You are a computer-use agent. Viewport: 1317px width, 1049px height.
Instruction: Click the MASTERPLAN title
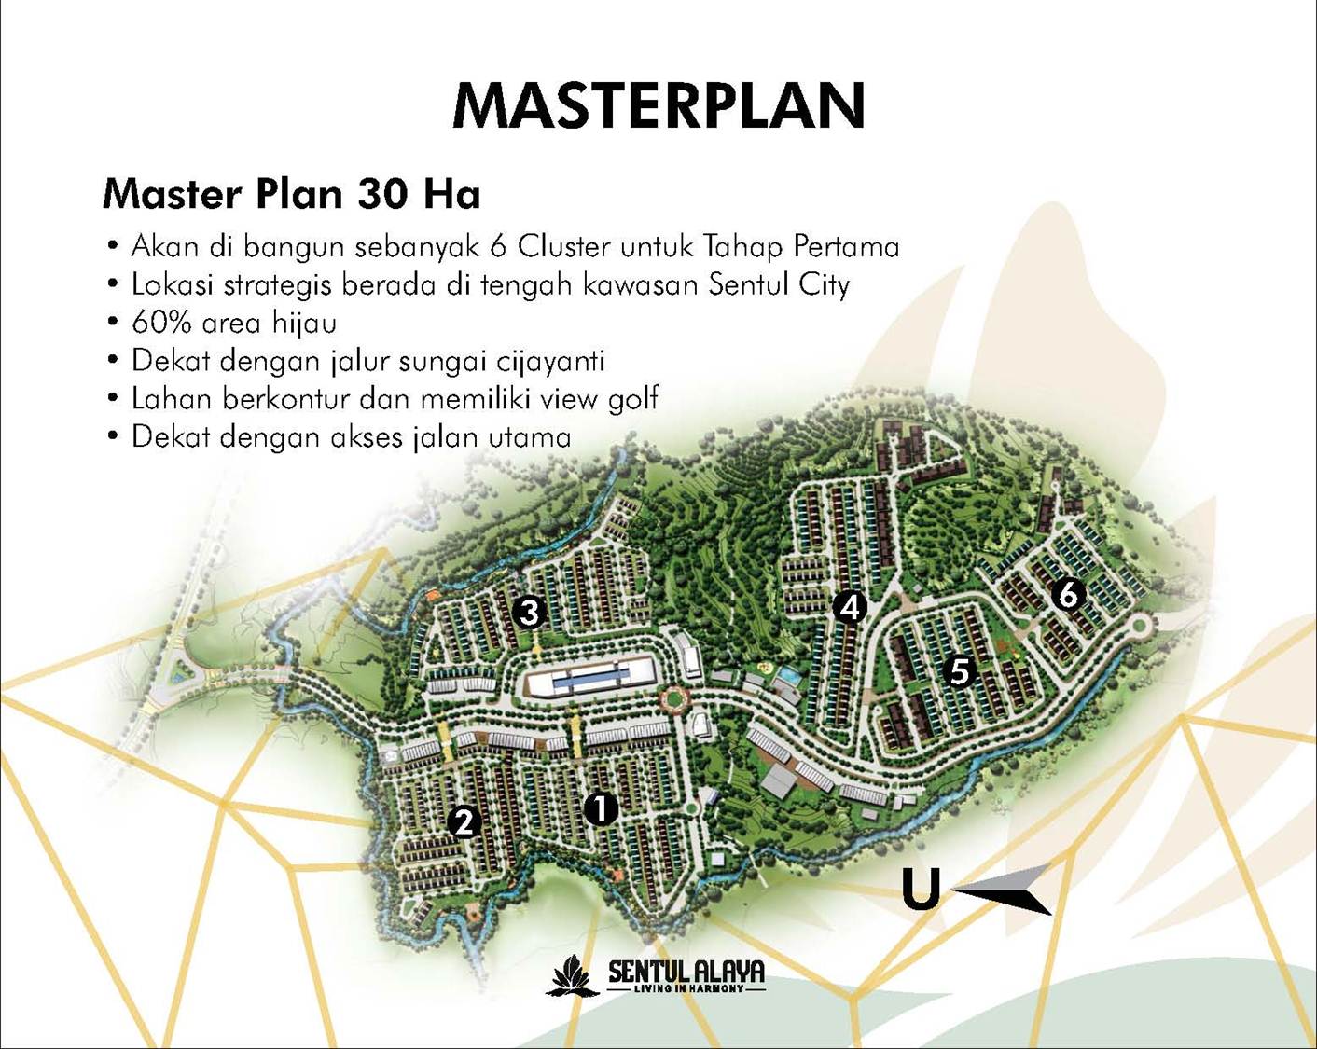coord(659,105)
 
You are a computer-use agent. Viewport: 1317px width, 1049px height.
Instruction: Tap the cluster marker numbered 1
coord(601,808)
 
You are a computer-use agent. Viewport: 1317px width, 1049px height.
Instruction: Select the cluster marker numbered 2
coord(464,822)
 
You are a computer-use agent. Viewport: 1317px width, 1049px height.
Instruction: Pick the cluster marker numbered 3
coord(529,613)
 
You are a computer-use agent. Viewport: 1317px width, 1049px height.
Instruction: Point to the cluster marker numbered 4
coord(849,608)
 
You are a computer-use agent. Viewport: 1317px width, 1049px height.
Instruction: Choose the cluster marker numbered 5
coord(959,670)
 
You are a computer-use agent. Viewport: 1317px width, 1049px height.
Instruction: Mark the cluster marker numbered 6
coord(1068,593)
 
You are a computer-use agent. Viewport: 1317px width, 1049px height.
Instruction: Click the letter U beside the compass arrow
coord(921,889)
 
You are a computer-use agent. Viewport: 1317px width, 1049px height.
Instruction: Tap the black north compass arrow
coord(1007,889)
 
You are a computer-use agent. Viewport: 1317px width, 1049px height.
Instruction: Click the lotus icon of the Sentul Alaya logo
coord(571,975)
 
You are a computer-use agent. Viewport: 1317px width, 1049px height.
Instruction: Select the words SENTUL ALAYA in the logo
coord(686,971)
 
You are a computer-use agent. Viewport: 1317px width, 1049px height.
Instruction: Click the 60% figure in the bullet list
coord(162,323)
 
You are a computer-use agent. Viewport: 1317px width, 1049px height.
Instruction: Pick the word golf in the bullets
coord(633,399)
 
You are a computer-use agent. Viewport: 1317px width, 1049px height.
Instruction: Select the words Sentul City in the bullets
coord(779,284)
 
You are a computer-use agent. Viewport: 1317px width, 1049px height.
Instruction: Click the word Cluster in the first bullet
coord(563,246)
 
